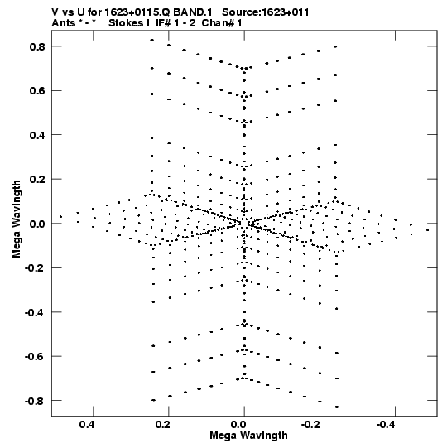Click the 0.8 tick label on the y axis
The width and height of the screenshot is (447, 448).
click(x=37, y=46)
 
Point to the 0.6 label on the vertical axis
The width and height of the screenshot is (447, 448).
click(x=37, y=91)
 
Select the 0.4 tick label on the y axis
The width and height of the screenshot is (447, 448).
click(x=37, y=135)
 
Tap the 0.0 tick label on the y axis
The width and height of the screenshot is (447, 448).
click(x=37, y=224)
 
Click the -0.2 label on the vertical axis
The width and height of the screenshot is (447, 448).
click(x=35, y=268)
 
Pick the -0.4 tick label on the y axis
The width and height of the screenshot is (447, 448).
click(x=35, y=312)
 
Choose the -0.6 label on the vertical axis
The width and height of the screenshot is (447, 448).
click(x=35, y=357)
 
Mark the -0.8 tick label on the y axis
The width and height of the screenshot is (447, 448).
click(x=35, y=401)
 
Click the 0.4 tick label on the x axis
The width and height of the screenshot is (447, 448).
click(x=88, y=425)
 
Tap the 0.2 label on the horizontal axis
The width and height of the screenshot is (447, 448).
click(x=163, y=425)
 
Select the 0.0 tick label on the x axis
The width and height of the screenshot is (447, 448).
click(x=238, y=425)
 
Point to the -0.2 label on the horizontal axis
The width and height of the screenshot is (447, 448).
click(x=311, y=425)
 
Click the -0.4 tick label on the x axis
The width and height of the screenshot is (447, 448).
click(x=387, y=425)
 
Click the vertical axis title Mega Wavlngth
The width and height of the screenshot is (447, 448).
click(x=17, y=219)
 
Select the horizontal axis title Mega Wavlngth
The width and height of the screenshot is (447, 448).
click(x=248, y=436)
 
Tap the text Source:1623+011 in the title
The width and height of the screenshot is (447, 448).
click(x=266, y=12)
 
